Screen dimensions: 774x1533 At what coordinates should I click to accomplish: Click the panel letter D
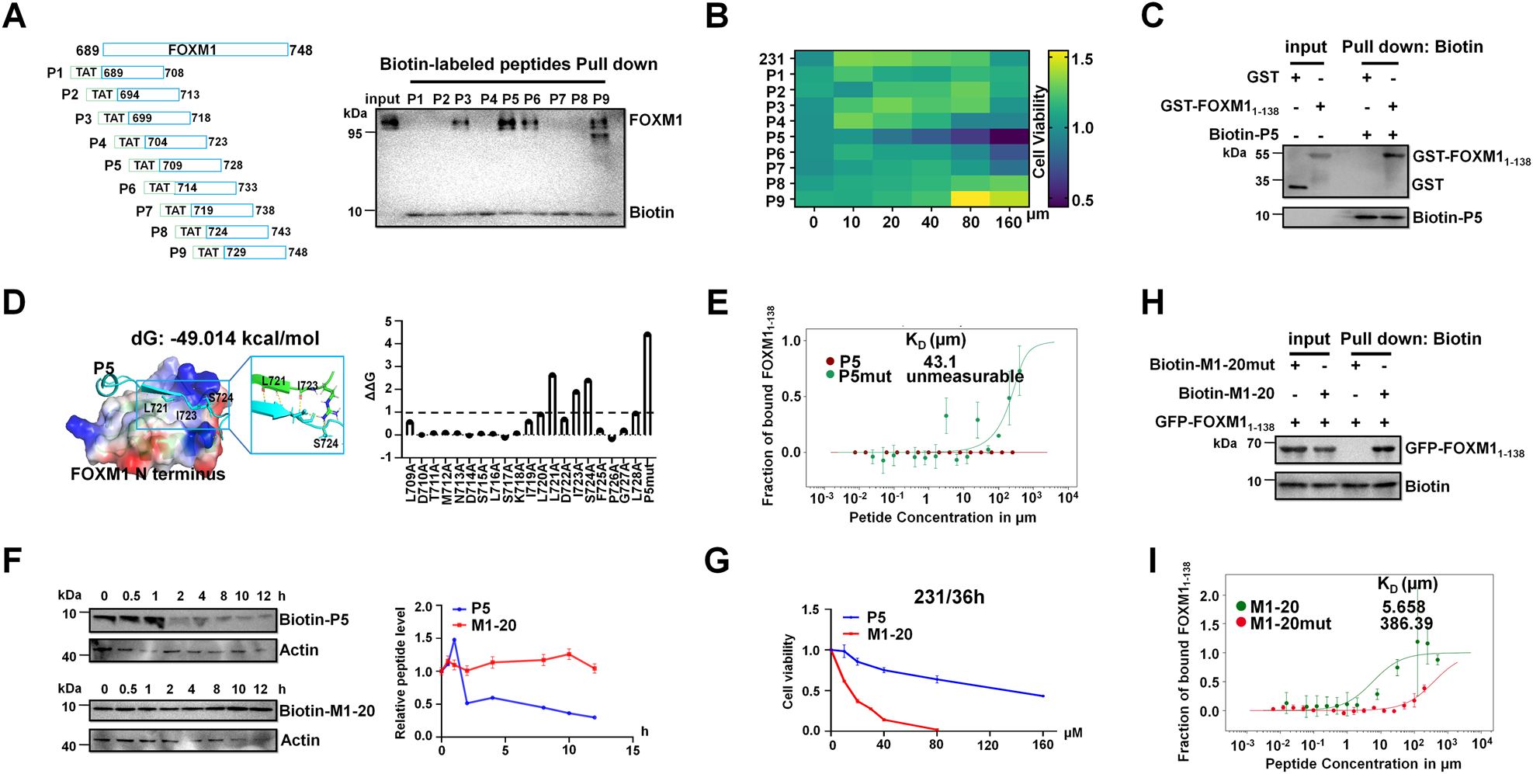14,303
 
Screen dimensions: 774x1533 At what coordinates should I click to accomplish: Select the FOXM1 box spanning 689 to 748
195,50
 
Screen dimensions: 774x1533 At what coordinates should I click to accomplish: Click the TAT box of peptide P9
208,252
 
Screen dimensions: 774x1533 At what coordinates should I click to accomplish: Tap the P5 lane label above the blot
510,99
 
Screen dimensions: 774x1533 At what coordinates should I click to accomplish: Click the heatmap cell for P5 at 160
1009,137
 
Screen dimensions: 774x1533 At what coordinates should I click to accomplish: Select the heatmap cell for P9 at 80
970,199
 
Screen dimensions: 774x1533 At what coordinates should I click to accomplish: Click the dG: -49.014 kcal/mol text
225,338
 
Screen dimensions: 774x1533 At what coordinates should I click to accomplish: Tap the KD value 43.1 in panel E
939,362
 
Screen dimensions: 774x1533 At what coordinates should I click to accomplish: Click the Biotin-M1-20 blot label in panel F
327,710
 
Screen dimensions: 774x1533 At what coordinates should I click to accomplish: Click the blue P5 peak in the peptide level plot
454,640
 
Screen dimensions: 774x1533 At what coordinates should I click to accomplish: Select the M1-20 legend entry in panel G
889,634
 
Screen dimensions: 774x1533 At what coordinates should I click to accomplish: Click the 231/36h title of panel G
949,597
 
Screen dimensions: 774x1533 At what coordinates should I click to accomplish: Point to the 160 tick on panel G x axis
1042,745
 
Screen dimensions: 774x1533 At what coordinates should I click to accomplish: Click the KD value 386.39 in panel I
1406,623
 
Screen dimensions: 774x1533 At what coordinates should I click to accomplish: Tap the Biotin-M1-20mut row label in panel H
1212,365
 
